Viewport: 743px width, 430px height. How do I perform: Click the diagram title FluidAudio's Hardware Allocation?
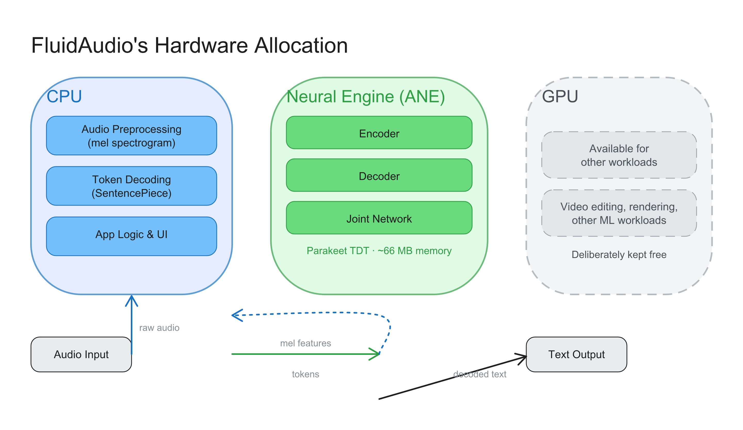(x=190, y=45)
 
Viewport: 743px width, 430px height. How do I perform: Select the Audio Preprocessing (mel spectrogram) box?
(x=132, y=136)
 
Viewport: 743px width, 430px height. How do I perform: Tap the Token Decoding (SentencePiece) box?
(x=132, y=186)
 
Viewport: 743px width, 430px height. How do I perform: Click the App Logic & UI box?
(x=132, y=236)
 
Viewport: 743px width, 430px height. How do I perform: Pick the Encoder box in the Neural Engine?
(x=379, y=133)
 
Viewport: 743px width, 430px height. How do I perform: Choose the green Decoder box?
(x=379, y=175)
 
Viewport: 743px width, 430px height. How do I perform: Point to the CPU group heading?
(x=64, y=97)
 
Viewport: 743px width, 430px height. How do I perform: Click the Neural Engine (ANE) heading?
(x=366, y=97)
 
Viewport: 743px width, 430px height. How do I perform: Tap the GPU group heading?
(x=560, y=97)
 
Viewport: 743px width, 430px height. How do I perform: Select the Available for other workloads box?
(x=619, y=155)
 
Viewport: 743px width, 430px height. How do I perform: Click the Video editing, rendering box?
(x=619, y=213)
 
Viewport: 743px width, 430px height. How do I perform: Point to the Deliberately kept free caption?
(x=619, y=254)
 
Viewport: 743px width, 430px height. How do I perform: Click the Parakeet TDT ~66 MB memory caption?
(x=379, y=251)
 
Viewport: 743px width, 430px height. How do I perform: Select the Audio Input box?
(x=81, y=354)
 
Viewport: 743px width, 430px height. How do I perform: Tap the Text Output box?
(x=576, y=354)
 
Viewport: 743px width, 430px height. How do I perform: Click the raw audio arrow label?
(x=159, y=327)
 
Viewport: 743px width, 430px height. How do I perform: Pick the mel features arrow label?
(x=305, y=343)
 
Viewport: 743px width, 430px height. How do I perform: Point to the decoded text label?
(x=480, y=374)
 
